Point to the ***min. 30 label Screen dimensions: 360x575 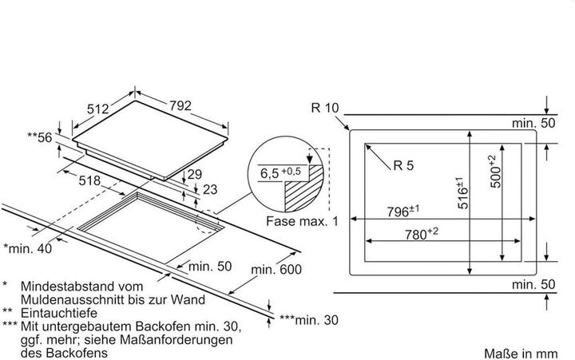click(310, 320)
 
